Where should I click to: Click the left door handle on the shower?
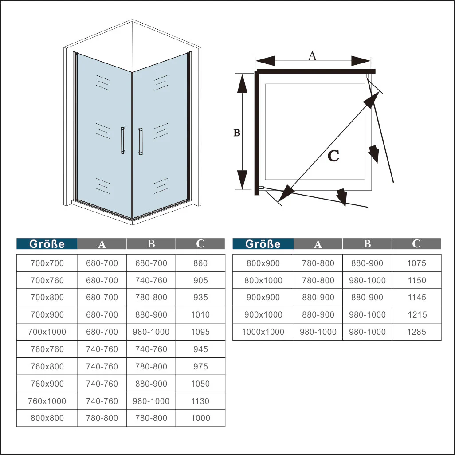pos(123,140)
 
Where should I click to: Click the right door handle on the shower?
pos(141,141)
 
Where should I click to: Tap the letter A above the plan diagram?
pos(312,56)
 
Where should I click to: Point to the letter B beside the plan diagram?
pos(237,133)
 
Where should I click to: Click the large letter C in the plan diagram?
pos(333,156)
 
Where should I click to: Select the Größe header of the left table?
pos(47,244)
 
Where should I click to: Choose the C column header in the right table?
pos(416,244)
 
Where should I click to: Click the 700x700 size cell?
pos(47,263)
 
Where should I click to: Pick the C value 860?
pos(200,263)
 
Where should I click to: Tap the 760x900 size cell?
pos(47,384)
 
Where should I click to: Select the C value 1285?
pos(416,332)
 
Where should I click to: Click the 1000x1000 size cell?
pos(263,332)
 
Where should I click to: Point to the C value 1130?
pos(200,401)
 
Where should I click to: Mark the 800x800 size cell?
pos(47,418)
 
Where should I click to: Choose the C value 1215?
pos(417,314)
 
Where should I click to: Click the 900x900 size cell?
pos(263,298)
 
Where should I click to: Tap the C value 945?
pos(200,349)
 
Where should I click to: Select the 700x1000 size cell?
pos(47,332)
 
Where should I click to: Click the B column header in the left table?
pos(151,244)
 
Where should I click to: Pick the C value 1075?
pos(416,263)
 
